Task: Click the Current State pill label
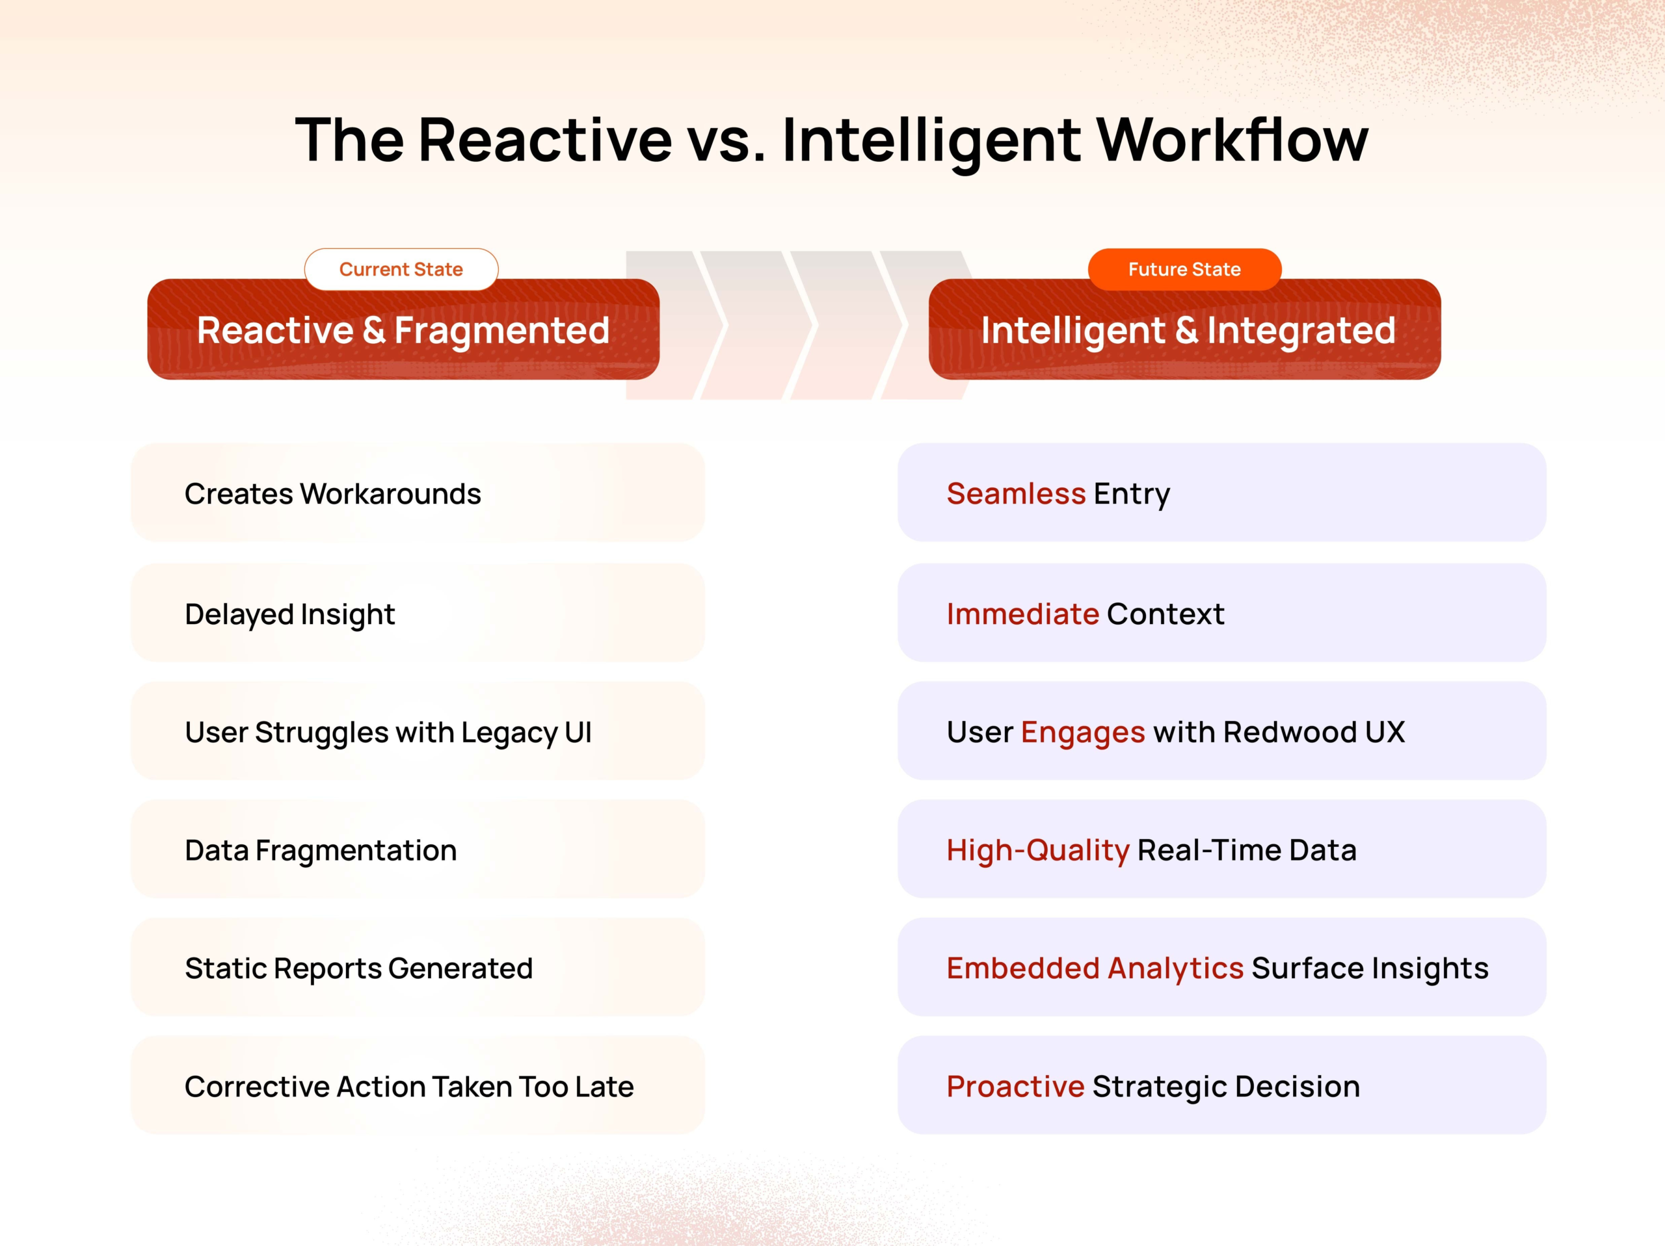[401, 269]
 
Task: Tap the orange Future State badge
[1184, 269]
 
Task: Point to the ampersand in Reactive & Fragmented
[374, 331]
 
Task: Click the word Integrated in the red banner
[1301, 331]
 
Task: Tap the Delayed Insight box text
[290, 615]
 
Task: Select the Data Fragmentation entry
[321, 851]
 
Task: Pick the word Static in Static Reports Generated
[225, 968]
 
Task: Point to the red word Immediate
[1022, 615]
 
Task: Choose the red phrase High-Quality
[1037, 851]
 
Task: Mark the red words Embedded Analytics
[1095, 968]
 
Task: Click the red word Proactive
[1015, 1087]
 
